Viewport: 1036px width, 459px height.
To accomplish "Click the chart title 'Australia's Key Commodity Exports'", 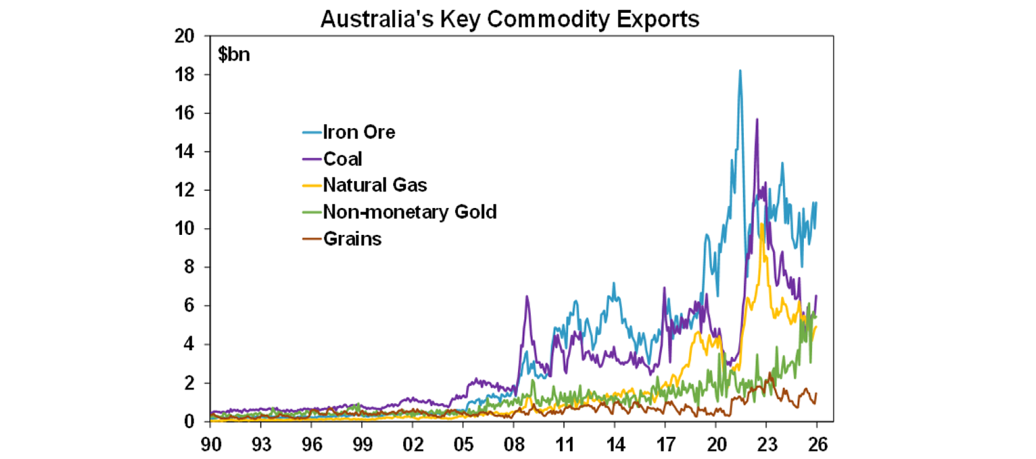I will point(510,19).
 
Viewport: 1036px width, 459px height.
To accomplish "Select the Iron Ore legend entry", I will point(359,132).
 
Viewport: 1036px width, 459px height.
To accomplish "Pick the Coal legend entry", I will point(343,159).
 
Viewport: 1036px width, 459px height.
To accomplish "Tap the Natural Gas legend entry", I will point(375,185).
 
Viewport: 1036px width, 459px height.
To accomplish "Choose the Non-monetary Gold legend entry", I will point(409,212).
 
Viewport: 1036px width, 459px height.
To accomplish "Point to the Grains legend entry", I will point(352,238).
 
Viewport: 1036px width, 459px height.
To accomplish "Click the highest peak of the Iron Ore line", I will point(740,70).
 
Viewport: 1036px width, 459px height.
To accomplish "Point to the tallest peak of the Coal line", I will point(757,119).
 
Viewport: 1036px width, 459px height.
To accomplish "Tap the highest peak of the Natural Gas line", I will point(761,224).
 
